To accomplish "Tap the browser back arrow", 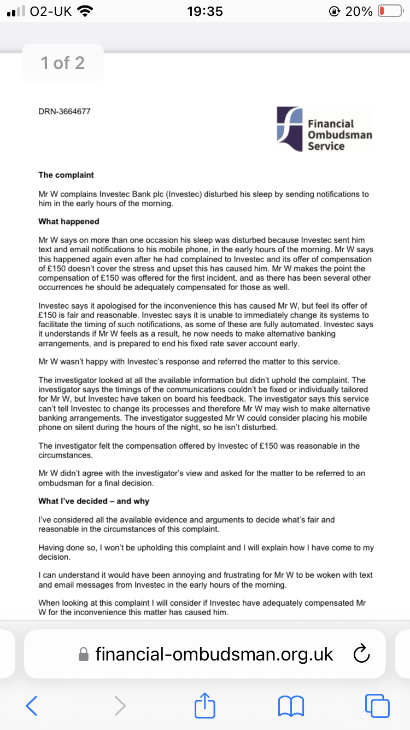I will point(32,706).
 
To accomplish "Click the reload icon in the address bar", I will point(362,653).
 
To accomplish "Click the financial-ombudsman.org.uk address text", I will point(214,654).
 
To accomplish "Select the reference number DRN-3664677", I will point(65,112).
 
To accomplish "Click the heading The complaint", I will point(66,175).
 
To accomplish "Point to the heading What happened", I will point(69,222).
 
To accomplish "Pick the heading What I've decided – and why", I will point(93,501).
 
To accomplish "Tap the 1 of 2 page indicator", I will point(63,63).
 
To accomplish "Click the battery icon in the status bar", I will point(390,11).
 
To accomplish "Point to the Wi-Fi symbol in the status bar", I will point(85,11).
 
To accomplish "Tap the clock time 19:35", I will point(205,11).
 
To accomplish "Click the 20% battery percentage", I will point(359,11).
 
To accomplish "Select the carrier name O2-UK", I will point(51,11).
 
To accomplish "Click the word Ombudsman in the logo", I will point(339,135).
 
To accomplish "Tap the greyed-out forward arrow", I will point(120,706).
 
